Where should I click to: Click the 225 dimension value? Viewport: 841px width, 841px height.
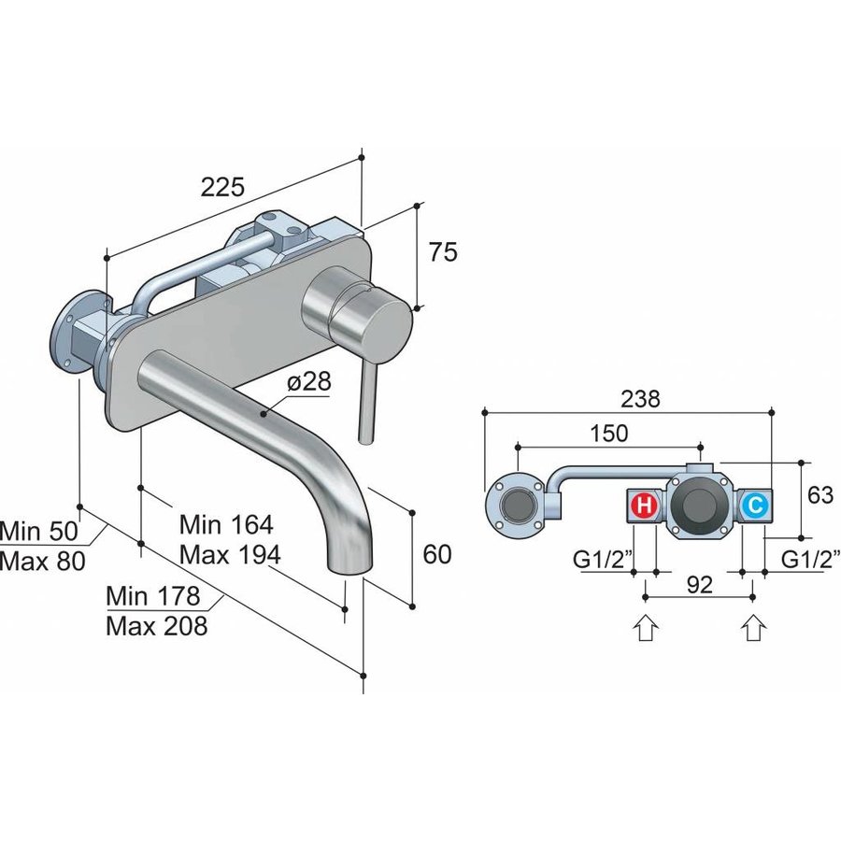click(x=222, y=186)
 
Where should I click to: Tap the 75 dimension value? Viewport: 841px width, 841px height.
click(x=443, y=251)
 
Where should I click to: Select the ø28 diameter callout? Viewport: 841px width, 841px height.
click(x=309, y=382)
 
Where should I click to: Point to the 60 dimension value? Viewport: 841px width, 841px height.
click(x=437, y=553)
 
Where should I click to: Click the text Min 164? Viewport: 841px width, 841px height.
click(x=226, y=524)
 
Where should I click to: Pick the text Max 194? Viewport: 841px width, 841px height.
click(x=230, y=554)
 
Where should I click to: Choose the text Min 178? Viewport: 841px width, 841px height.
click(x=153, y=596)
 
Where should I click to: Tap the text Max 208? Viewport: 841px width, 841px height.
click(x=157, y=625)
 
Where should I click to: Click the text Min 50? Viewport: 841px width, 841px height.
click(x=39, y=531)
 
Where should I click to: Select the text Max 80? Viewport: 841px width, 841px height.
click(x=42, y=561)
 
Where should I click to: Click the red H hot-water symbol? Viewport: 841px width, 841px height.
click(x=645, y=506)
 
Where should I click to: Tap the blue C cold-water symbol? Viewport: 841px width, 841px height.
click(x=755, y=506)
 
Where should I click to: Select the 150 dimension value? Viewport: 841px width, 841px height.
click(x=608, y=433)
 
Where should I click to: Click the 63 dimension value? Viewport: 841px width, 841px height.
click(x=820, y=494)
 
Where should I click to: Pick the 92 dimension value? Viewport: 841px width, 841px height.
click(x=699, y=585)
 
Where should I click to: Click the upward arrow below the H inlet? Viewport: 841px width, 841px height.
click(x=645, y=628)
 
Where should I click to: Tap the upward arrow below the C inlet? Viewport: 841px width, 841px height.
click(x=754, y=628)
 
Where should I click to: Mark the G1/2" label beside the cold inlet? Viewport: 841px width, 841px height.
click(x=810, y=560)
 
